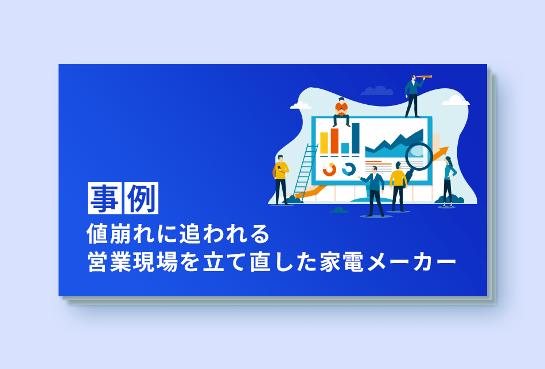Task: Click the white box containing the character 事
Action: click(x=104, y=198)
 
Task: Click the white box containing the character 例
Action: click(x=141, y=198)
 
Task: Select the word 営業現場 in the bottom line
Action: click(x=133, y=262)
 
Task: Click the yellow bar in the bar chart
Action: click(x=324, y=143)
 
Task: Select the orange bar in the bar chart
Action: click(x=334, y=140)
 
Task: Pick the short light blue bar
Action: click(x=345, y=148)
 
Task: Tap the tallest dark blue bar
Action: click(x=356, y=138)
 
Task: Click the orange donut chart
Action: click(x=329, y=170)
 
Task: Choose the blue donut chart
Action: click(x=349, y=170)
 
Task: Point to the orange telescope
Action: click(x=423, y=77)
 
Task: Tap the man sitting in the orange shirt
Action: click(x=341, y=112)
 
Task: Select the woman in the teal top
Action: click(x=449, y=182)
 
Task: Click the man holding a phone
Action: click(x=281, y=180)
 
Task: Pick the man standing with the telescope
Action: click(x=414, y=96)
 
